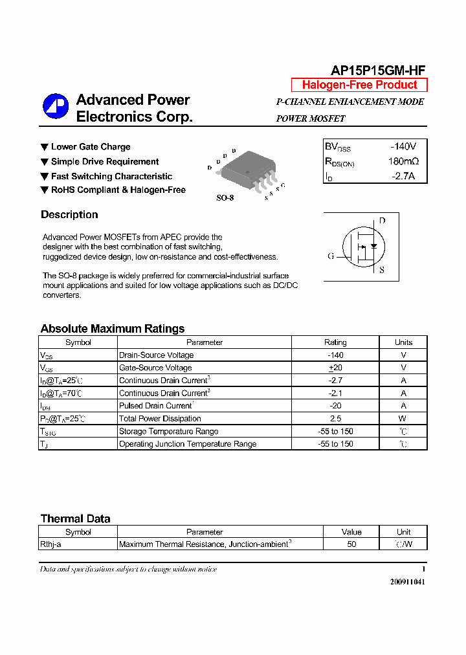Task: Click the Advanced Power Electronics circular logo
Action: (56, 107)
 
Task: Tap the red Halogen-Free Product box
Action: (359, 85)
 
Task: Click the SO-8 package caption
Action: (225, 198)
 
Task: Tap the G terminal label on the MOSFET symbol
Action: (331, 256)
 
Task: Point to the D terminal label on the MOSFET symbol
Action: (382, 221)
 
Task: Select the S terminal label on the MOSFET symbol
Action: (382, 270)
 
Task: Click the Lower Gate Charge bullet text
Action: (91, 147)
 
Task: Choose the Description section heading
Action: (69, 215)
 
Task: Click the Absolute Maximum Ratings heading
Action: (113, 329)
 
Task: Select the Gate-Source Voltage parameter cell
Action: (155, 368)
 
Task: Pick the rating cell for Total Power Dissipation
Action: (335, 419)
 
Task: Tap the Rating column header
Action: (335, 342)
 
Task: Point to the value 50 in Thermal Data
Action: (351, 544)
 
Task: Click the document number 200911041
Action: (408, 582)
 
